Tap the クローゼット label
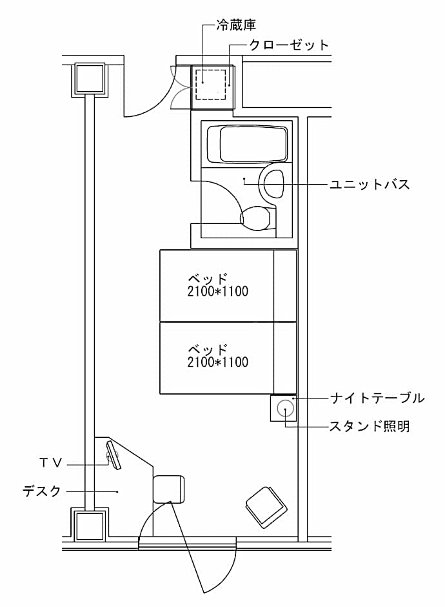tap(289, 45)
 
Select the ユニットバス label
tap(370, 185)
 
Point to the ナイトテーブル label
tap(377, 398)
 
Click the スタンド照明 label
tap(370, 426)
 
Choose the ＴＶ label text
tap(50, 462)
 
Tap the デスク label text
tap(42, 491)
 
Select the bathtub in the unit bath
tap(253, 143)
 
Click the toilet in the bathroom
tap(257, 218)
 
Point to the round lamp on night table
tap(284, 408)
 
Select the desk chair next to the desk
tap(169, 489)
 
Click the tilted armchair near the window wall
tap(265, 506)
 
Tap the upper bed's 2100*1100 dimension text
tap(217, 291)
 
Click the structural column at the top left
tap(90, 79)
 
